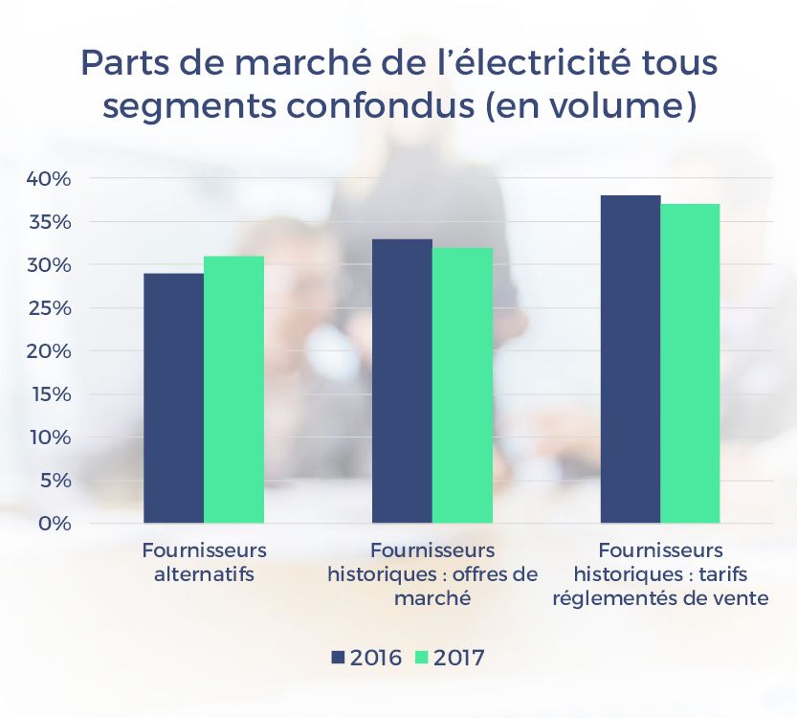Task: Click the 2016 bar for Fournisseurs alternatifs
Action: tap(173, 398)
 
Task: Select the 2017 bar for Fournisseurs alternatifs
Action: tap(233, 390)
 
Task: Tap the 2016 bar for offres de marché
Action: tap(402, 381)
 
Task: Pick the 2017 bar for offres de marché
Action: tap(462, 386)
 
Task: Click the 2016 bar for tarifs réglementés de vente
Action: tap(631, 359)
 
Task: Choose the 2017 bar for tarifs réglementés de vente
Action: tap(690, 364)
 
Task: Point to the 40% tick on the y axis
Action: tap(47, 179)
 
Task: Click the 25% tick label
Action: tap(47, 308)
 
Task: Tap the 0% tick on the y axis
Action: tap(53, 524)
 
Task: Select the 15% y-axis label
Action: tap(47, 394)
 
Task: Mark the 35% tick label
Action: tap(47, 222)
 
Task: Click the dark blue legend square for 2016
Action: tap(338, 658)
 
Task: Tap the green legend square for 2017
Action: tap(421, 658)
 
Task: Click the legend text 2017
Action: tap(458, 658)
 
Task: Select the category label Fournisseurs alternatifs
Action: tap(204, 563)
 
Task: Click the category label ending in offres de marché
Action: tap(432, 574)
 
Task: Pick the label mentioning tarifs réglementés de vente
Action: tap(660, 574)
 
